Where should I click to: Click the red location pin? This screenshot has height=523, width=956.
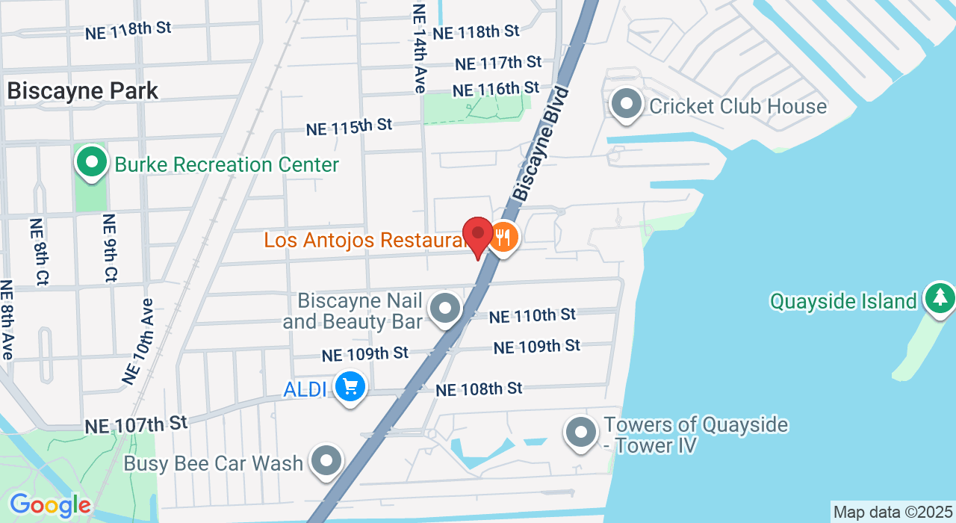pos(478,235)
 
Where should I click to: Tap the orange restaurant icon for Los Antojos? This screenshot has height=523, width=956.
pos(504,238)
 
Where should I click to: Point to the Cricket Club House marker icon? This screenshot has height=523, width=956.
pos(627,105)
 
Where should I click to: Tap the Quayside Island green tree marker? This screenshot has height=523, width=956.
pos(940,298)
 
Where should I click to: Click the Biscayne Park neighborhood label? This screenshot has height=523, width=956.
pos(83,91)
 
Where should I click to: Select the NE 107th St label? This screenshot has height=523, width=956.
pos(136,424)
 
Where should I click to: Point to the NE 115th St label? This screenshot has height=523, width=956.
pos(349,127)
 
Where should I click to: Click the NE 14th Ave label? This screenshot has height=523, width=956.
pos(420,49)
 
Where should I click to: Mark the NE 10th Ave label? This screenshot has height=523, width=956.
pos(139,342)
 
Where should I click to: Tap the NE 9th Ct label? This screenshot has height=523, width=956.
pos(109,248)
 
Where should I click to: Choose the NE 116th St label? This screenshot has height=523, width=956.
pos(496,89)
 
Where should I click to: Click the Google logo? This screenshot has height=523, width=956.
pos(49,506)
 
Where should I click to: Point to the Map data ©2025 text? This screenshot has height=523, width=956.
pos(892,513)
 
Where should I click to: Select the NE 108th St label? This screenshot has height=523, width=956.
pos(479,389)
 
